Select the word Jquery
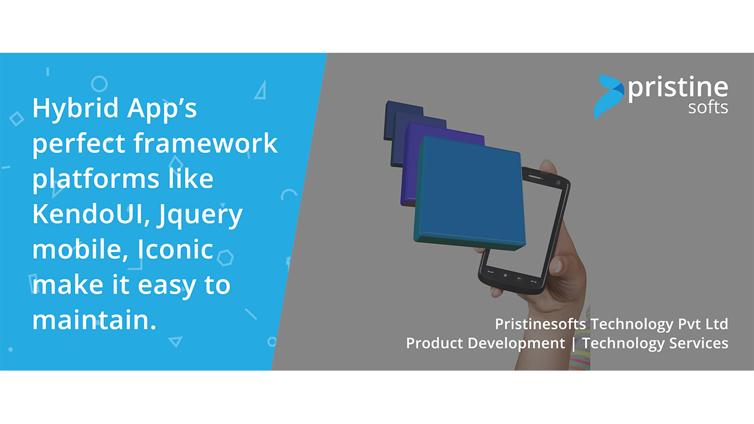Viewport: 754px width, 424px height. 200,216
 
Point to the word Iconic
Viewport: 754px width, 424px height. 175,249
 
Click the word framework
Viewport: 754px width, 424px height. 205,143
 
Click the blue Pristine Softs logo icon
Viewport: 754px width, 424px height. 609,97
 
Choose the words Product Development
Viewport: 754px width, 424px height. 485,344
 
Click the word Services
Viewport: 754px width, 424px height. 699,343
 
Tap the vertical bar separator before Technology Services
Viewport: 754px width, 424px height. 574,344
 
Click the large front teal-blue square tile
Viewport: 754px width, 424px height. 469,193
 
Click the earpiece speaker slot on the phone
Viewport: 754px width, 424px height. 535,177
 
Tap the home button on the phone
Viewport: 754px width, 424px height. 505,276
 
